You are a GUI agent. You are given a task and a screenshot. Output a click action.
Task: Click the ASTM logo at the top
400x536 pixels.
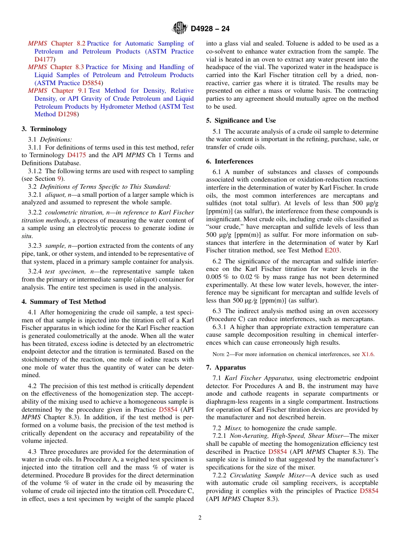tap(180, 29)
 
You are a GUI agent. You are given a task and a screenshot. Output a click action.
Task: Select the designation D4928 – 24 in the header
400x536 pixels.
tap(210, 29)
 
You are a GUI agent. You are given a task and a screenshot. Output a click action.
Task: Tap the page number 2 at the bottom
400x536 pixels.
tap(200, 518)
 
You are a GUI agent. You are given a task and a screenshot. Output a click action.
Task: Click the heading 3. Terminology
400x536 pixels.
tap(44, 129)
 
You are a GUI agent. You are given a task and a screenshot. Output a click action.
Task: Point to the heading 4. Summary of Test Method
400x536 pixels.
tap(64, 302)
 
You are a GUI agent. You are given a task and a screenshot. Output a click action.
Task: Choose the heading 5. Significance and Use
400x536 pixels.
tap(241, 121)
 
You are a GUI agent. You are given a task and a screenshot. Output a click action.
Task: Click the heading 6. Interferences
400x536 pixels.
tap(229, 161)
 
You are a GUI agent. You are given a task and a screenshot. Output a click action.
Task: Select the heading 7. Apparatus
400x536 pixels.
tap(226, 367)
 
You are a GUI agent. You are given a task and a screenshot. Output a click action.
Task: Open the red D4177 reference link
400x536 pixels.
tap(44, 59)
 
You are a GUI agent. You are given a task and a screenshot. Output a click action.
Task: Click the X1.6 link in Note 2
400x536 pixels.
tap(368, 354)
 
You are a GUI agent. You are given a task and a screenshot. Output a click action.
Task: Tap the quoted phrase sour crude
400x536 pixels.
tap(223, 227)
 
